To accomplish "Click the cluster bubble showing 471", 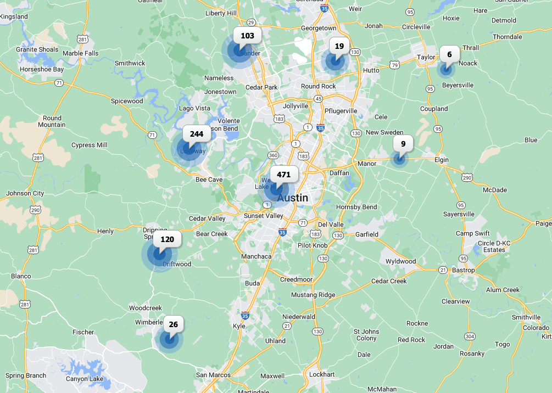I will click(x=283, y=175).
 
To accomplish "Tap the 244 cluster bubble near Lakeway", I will click(x=196, y=134).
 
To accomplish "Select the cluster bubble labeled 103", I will click(x=247, y=36).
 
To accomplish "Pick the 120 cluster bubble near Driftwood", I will click(x=167, y=240).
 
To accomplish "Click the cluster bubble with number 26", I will click(x=173, y=325).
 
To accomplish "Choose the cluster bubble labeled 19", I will click(x=339, y=47).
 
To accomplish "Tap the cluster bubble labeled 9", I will click(x=403, y=144).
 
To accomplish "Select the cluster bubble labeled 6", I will click(x=449, y=55).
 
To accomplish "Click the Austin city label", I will click(x=292, y=198).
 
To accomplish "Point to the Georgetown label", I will click(x=318, y=28).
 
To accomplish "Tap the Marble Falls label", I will click(x=80, y=53).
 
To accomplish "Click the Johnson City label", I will click(x=25, y=193).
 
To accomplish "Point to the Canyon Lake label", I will click(x=85, y=379).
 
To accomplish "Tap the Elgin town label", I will click(x=441, y=160).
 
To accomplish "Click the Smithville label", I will click(x=526, y=317).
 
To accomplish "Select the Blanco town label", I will click(x=21, y=276).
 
